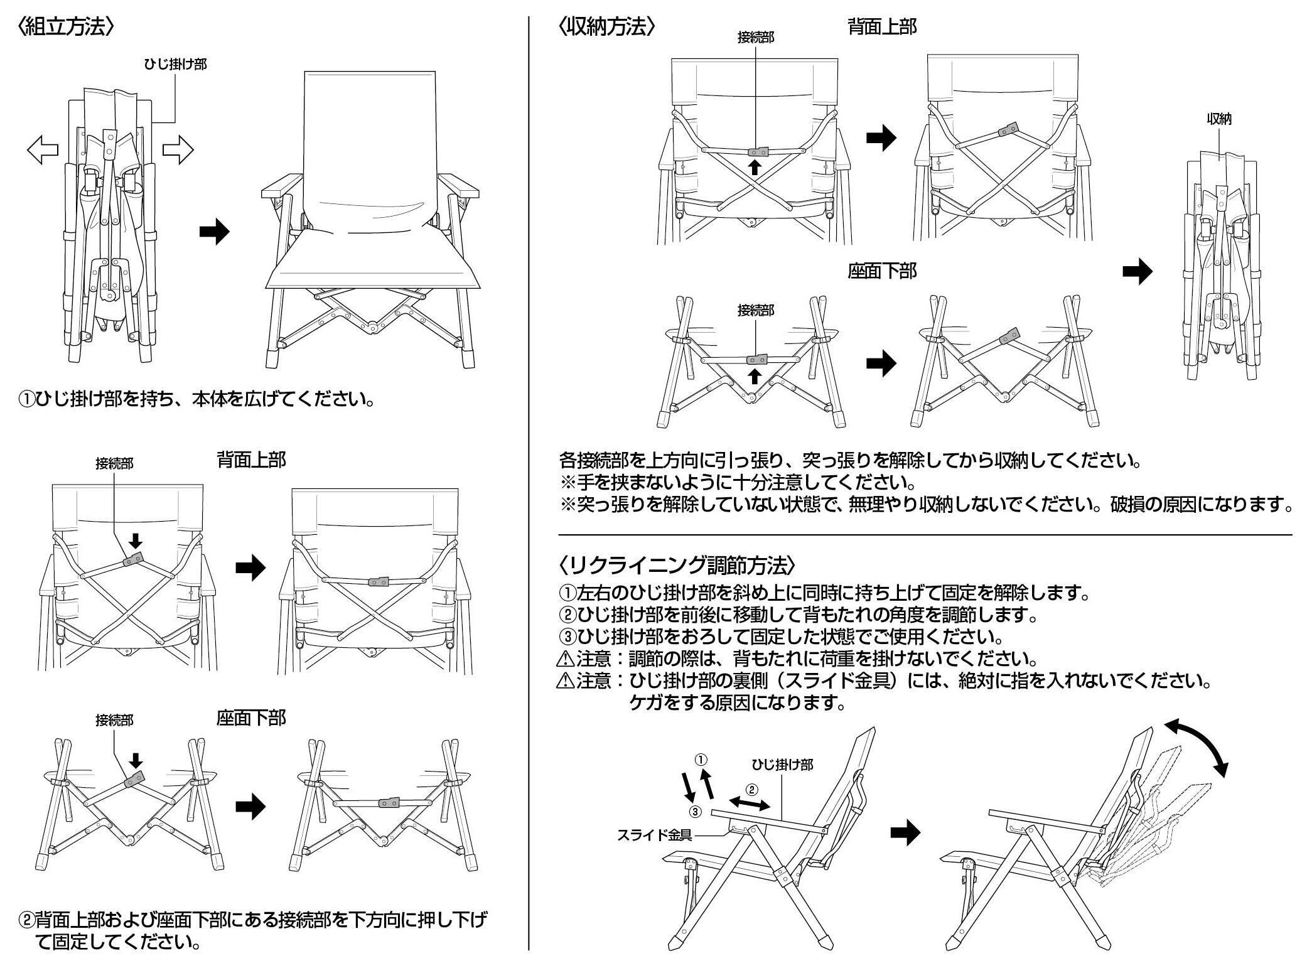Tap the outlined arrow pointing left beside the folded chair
(43, 150)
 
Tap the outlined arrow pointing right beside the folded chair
(178, 150)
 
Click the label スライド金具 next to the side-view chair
(654, 835)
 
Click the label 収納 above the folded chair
(1219, 119)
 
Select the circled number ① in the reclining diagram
(702, 759)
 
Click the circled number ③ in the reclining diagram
(694, 812)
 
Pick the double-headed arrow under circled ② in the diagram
(750, 804)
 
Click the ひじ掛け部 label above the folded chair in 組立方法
(175, 64)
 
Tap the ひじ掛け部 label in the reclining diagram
(782, 764)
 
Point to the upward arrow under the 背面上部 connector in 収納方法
(755, 166)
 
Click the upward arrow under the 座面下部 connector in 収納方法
(755, 375)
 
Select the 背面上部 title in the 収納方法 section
(882, 26)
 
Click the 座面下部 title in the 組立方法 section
(251, 718)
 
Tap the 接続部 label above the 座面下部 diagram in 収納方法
(756, 310)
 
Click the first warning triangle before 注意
(565, 660)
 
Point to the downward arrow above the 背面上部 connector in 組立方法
(136, 540)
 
